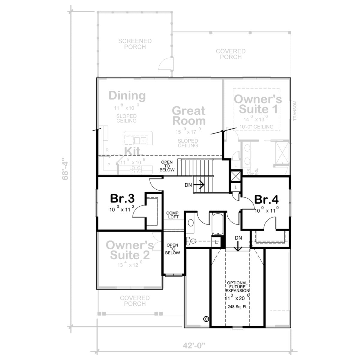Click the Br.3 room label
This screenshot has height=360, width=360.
[122, 199]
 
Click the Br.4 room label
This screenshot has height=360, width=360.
[266, 199]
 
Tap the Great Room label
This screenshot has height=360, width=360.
[189, 116]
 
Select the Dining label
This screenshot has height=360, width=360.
[127, 96]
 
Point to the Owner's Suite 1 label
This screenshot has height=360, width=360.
[258, 104]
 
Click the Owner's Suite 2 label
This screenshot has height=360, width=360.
[130, 250]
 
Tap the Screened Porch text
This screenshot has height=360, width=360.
[135, 44]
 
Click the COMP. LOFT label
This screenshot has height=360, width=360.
[173, 215]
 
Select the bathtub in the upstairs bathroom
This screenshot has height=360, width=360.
[216, 224]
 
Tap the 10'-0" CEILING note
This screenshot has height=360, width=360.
[257, 127]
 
